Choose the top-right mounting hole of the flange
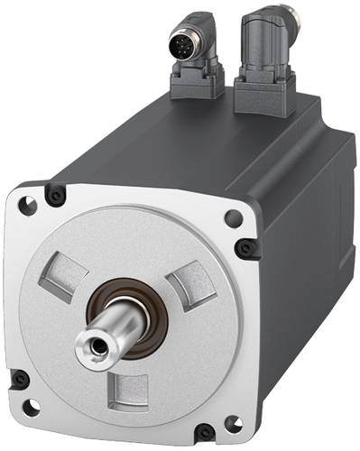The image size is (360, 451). tap(234, 217)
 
